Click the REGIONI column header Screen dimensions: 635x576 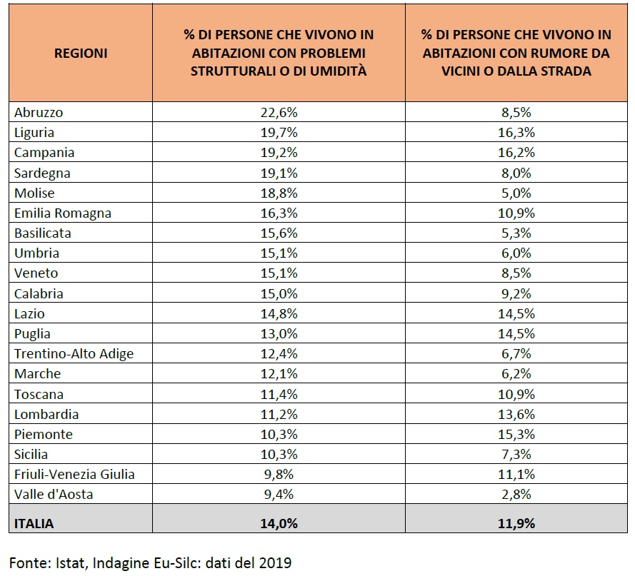click(x=81, y=53)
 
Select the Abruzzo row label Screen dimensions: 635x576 click(x=39, y=112)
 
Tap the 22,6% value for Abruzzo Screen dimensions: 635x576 click(x=279, y=112)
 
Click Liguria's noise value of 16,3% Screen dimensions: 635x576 click(x=516, y=132)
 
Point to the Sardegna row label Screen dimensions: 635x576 click(x=42, y=173)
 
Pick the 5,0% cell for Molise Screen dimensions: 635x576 click(x=516, y=193)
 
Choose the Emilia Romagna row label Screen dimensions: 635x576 click(x=63, y=213)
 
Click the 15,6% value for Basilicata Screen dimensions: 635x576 click(x=279, y=233)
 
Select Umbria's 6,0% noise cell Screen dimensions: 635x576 click(x=516, y=253)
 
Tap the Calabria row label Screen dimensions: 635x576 click(x=39, y=293)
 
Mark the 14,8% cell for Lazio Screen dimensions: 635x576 click(x=279, y=314)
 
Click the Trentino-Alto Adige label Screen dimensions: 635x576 click(x=74, y=354)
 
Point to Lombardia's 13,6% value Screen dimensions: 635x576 click(x=516, y=414)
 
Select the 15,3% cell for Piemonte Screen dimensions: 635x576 click(x=516, y=435)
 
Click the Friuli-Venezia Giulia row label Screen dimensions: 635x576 click(x=74, y=474)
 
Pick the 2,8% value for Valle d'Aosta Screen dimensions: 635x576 click(x=516, y=494)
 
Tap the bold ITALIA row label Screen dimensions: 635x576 click(x=34, y=523)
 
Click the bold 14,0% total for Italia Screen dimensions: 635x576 click(x=279, y=523)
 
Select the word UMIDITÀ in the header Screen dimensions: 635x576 click(x=338, y=71)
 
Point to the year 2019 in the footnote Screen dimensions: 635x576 click(x=275, y=562)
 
